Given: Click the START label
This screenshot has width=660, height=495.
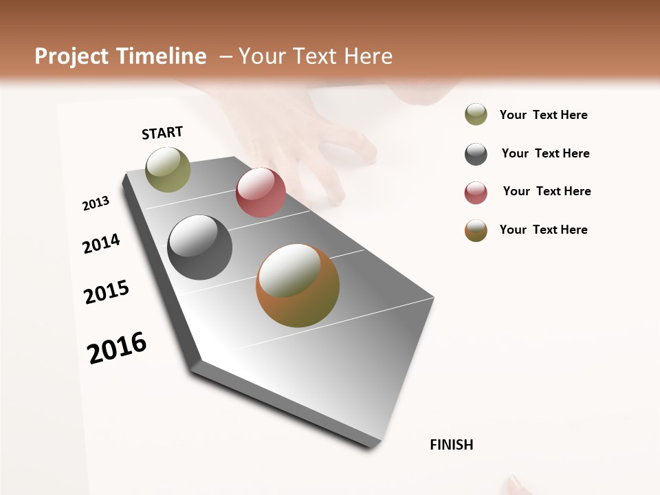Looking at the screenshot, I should [162, 133].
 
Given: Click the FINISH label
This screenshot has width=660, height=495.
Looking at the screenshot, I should [451, 445].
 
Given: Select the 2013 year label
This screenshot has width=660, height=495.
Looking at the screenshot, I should [96, 203].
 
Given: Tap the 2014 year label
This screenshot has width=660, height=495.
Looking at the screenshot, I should [101, 243].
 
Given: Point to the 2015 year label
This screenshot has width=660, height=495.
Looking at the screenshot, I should [107, 292].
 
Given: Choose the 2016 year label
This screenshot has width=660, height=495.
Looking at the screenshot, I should [117, 347].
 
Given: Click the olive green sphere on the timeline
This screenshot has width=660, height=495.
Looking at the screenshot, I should [168, 169].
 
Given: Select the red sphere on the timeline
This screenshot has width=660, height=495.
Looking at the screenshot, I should [261, 192].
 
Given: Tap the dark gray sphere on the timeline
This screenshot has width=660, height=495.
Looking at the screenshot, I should [199, 247].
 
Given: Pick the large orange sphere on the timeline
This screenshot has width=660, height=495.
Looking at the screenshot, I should [298, 285].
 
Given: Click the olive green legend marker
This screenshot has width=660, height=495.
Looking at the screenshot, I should [476, 115].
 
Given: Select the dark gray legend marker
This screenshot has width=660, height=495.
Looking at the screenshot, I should [476, 154].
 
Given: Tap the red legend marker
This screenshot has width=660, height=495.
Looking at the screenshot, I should [476, 192].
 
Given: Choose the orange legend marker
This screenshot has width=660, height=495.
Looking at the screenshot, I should [476, 230].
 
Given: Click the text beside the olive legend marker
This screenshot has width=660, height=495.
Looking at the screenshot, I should [543, 115].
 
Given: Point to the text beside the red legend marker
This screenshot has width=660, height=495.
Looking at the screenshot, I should [547, 191].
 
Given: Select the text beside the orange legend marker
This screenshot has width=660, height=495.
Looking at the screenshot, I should [543, 230].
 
